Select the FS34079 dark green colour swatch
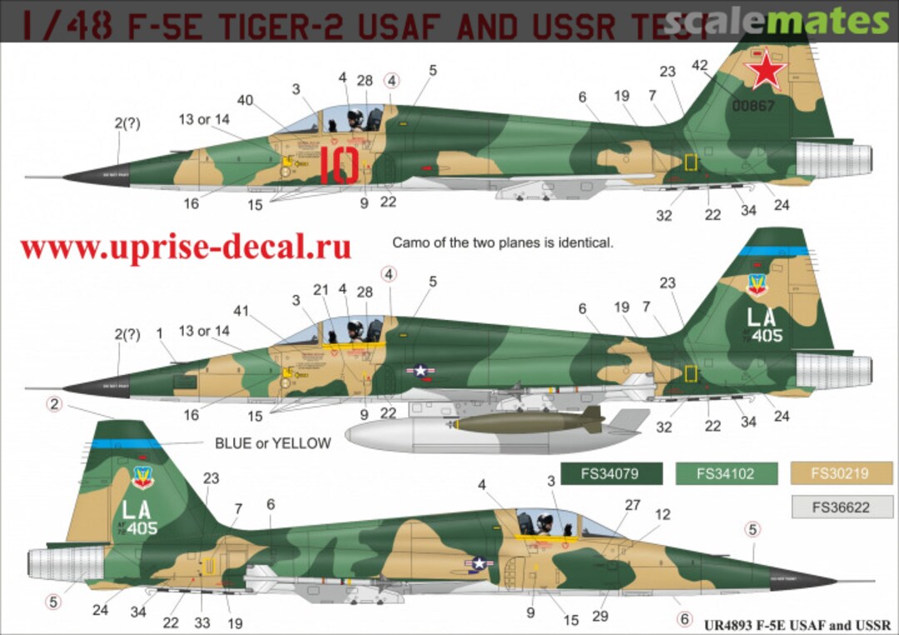612,473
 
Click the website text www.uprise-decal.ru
186,247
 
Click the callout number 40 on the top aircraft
246,101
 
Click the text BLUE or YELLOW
272,443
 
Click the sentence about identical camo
502,243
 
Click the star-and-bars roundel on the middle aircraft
421,371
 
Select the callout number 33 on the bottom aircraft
201,622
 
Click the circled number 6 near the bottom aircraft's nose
684,619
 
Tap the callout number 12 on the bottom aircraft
662,514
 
